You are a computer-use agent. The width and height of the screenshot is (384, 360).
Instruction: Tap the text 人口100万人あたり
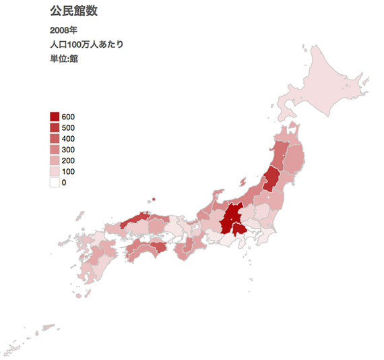pyautogui.click(x=86, y=44)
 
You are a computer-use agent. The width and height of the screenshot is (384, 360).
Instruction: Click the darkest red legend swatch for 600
pyautogui.click(x=55, y=117)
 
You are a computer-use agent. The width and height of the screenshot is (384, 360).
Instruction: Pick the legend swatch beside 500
pyautogui.click(x=55, y=127)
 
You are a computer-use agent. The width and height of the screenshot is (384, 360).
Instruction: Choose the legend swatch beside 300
pyautogui.click(x=55, y=150)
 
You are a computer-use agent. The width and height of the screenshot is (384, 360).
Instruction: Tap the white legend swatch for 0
pyautogui.click(x=55, y=183)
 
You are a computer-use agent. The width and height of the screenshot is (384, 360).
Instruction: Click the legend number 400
pyautogui.click(x=68, y=139)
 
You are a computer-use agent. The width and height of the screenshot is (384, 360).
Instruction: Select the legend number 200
pyautogui.click(x=68, y=161)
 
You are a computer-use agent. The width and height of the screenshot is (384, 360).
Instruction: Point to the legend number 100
pyautogui.click(x=68, y=172)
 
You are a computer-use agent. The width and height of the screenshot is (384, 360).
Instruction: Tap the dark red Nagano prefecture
pyautogui.click(x=231, y=214)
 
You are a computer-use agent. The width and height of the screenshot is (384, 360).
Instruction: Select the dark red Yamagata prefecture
pyautogui.click(x=272, y=178)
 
